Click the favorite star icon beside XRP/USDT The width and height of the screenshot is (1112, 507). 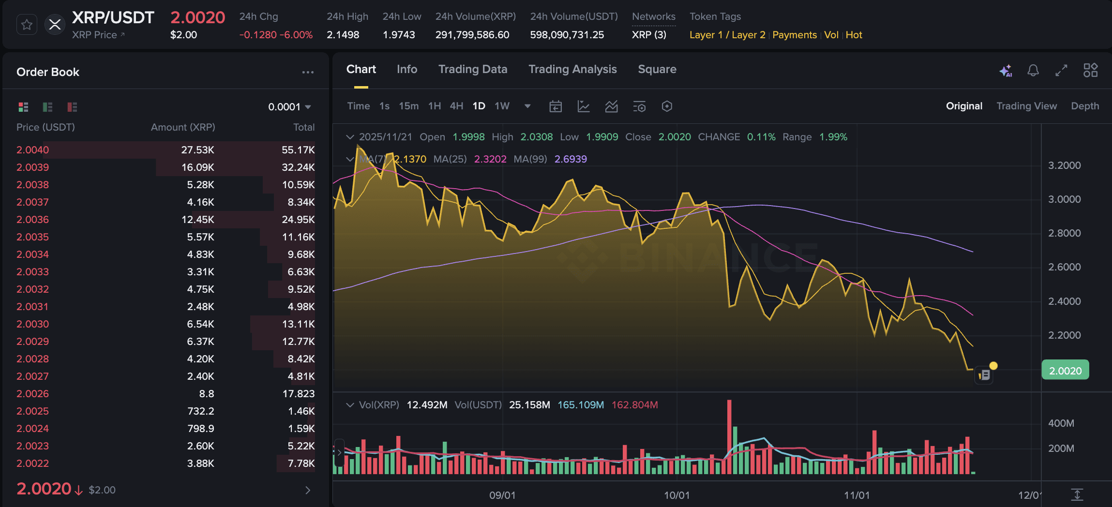(27, 25)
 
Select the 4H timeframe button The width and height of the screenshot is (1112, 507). (456, 106)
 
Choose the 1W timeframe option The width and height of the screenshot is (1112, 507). (502, 106)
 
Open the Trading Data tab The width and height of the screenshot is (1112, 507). (472, 69)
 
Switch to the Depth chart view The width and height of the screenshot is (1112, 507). (1085, 106)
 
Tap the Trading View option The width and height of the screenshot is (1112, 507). (1026, 106)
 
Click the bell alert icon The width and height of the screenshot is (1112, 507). (1033, 71)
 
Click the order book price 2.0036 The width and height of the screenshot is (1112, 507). (33, 220)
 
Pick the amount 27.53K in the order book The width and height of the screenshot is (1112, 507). (197, 150)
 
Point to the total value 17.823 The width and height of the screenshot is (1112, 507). (298, 394)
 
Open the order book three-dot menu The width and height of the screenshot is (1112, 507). (308, 72)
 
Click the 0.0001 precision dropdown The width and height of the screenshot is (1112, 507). (289, 107)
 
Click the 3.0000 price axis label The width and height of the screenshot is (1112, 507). (1064, 199)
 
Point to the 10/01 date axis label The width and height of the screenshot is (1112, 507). (676, 495)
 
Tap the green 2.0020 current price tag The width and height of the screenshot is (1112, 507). (1065, 371)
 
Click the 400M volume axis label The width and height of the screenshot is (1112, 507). (1061, 423)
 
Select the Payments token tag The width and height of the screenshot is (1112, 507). (794, 35)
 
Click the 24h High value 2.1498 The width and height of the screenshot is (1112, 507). (343, 35)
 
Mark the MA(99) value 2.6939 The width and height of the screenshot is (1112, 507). (571, 159)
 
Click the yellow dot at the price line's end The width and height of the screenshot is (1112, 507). (993, 366)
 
